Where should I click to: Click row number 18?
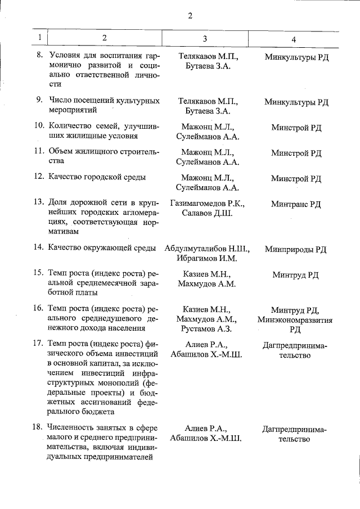39,427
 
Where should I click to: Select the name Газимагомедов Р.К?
208,203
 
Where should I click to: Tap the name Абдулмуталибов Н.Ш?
208,248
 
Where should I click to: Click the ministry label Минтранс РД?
296,204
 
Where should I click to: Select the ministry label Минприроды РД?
296,249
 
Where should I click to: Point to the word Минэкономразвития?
295,319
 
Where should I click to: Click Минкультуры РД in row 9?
296,102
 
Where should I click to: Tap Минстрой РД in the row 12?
296,179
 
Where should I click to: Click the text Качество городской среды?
97,177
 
